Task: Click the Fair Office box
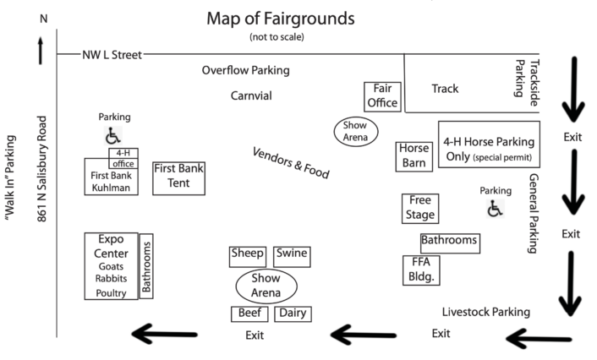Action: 382,95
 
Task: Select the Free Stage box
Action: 420,208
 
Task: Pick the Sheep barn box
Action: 248,256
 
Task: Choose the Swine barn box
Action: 292,256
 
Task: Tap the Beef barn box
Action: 249,314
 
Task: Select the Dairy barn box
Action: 293,314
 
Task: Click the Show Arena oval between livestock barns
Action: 265,285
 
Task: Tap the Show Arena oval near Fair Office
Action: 355,130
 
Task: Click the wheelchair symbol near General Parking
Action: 495,208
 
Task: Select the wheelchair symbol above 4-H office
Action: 112,135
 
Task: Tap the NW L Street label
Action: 112,55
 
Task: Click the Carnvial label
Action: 251,95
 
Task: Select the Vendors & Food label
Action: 291,163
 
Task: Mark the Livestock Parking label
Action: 486,312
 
